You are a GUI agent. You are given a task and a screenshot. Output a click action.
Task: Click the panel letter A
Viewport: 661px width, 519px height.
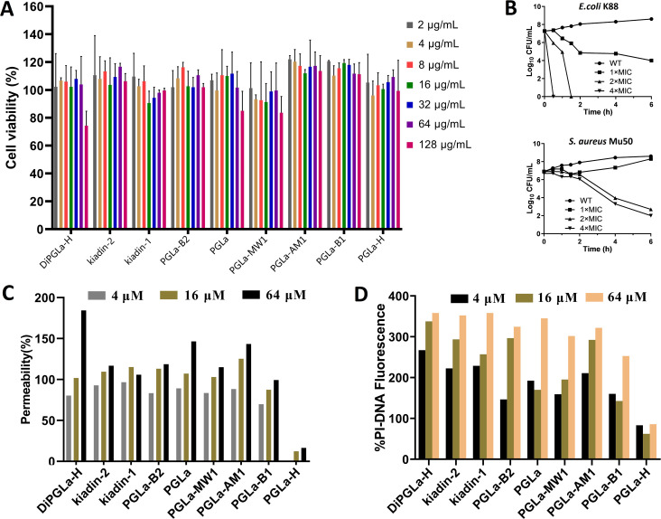(x=9, y=10)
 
